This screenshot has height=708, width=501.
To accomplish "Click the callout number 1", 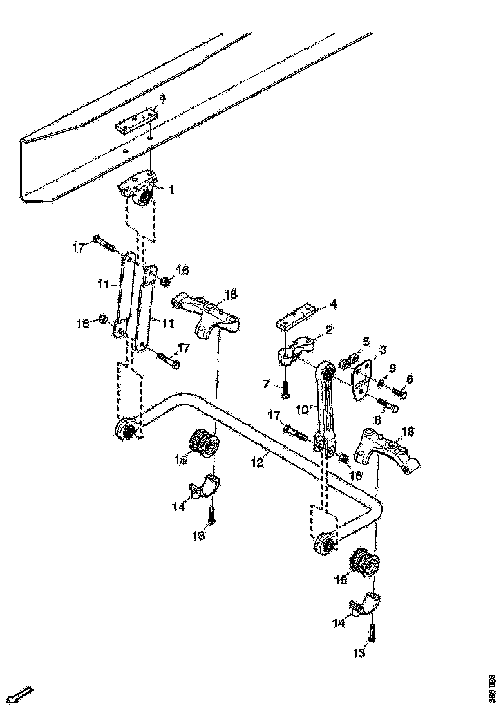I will coord(171,190).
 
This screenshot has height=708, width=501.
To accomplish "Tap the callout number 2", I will coord(328,330).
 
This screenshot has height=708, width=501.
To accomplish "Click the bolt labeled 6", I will coord(397,388).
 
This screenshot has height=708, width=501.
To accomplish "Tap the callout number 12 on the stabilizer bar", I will coord(257,461).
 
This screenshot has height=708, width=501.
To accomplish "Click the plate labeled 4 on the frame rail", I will coord(137,121).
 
